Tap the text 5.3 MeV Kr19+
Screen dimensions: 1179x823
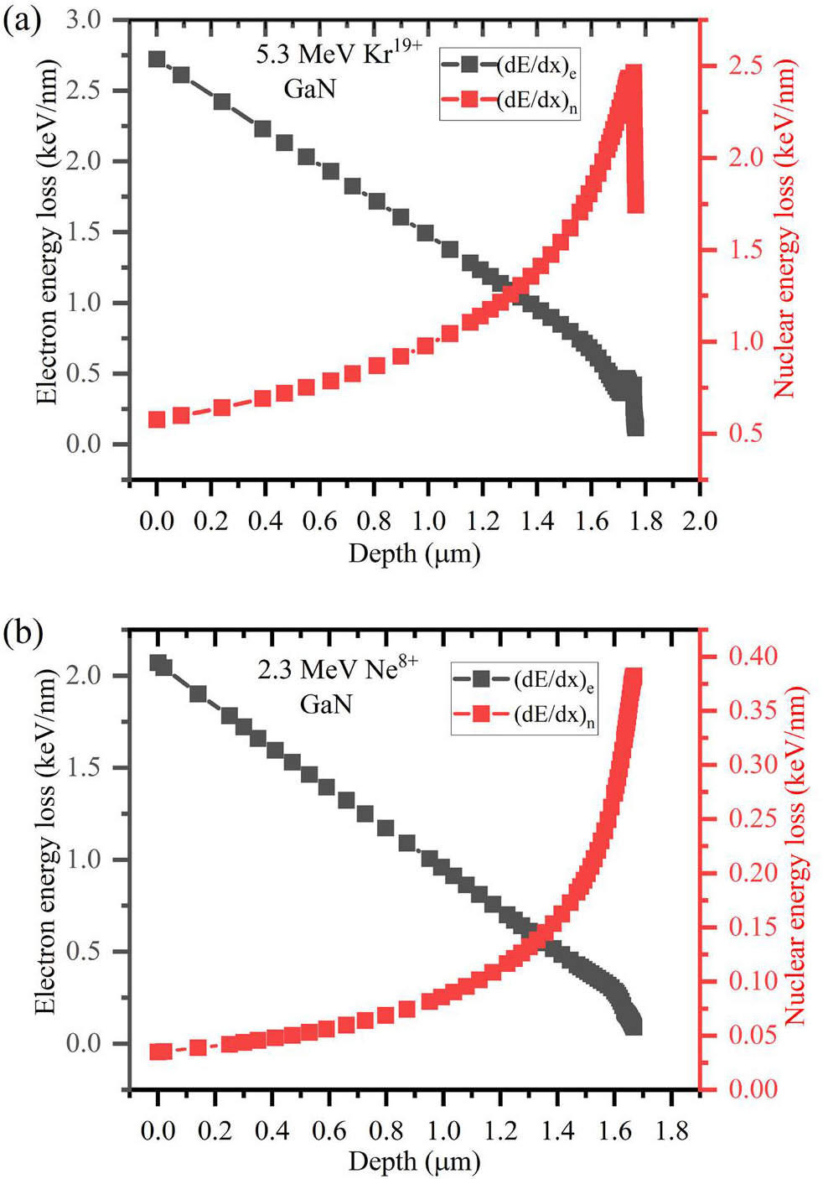pos(339,54)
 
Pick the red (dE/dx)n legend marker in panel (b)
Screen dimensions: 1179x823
pos(482,714)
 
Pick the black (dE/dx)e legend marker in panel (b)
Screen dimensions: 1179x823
pos(482,678)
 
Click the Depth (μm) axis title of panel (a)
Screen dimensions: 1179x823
pos(414,553)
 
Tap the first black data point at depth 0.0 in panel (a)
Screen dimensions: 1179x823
pos(157,60)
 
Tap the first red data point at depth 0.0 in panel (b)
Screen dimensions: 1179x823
pos(160,1052)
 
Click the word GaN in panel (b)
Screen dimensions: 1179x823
pos(326,704)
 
